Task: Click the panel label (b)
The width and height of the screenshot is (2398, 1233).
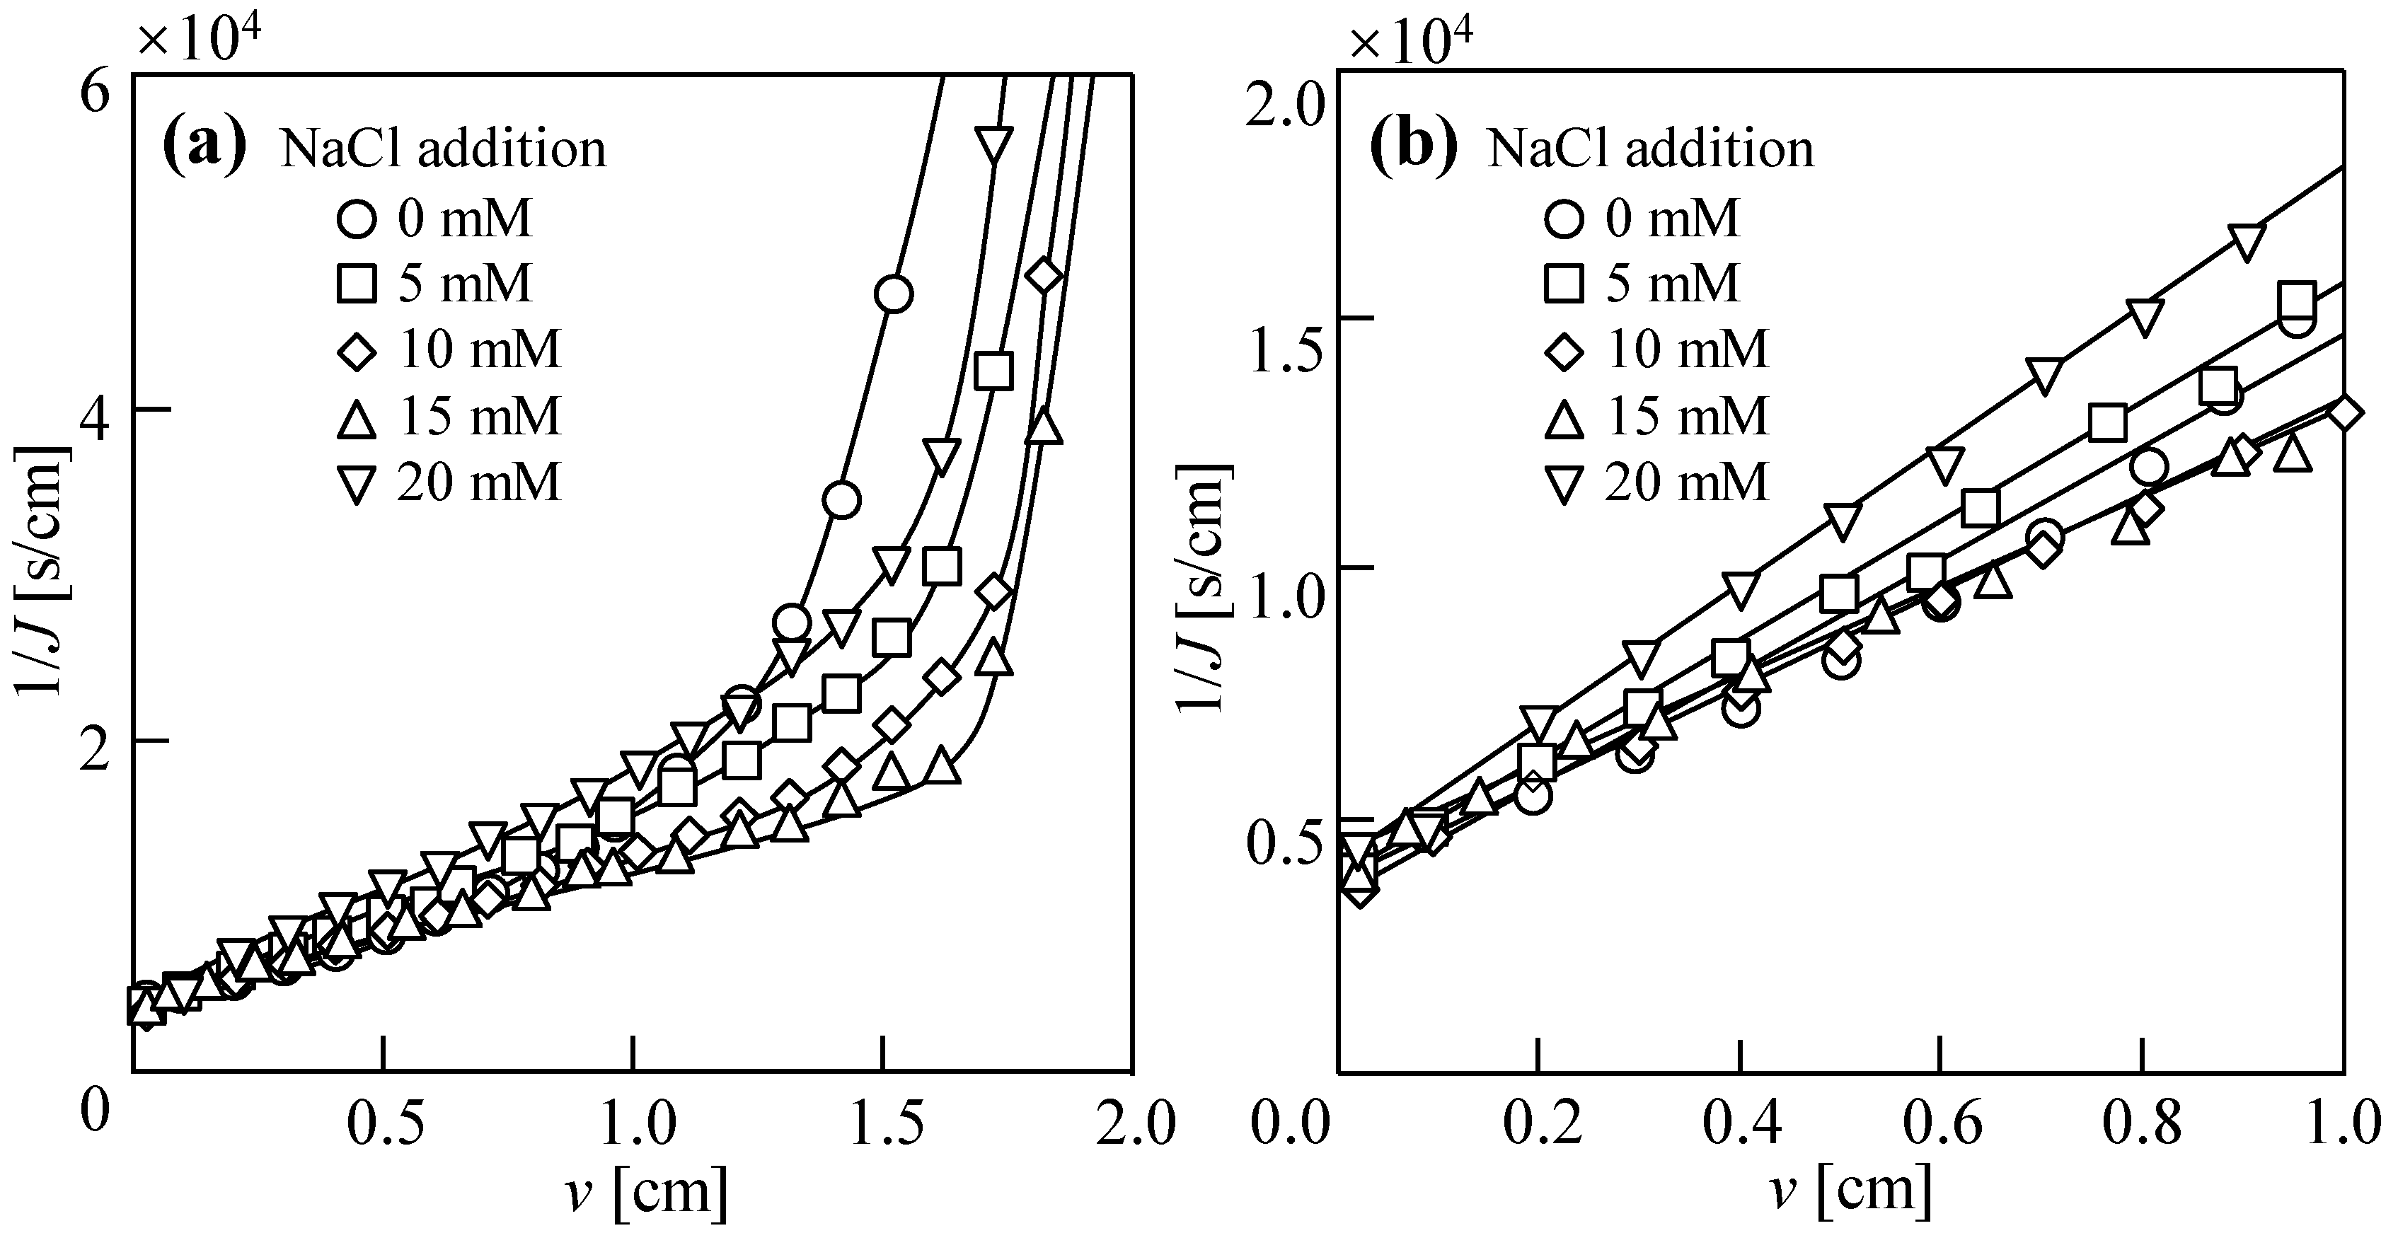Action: point(1413,147)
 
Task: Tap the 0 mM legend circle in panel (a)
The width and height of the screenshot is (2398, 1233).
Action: point(357,219)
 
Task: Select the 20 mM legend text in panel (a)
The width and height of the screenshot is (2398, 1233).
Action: point(480,482)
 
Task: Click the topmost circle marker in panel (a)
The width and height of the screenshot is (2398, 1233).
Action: point(894,294)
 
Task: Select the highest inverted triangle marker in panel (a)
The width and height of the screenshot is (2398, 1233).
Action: point(993,145)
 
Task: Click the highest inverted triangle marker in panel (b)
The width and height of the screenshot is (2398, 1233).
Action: point(2247,241)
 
